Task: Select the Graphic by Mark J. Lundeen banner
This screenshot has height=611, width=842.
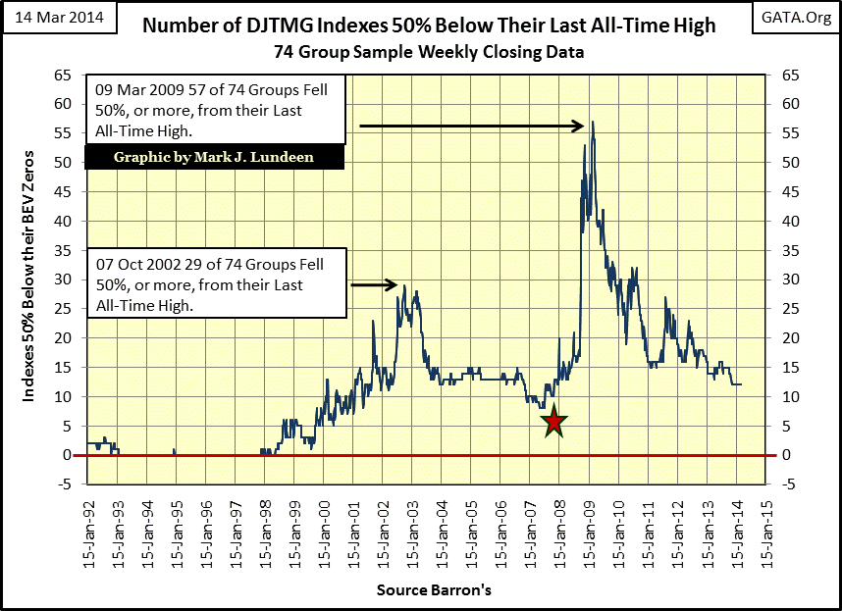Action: (x=214, y=157)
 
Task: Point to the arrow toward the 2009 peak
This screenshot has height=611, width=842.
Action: (x=472, y=126)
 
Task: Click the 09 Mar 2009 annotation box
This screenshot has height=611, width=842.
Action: (x=215, y=111)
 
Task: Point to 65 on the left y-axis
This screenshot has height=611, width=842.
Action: (x=66, y=75)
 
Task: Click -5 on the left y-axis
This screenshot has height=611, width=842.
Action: (x=66, y=484)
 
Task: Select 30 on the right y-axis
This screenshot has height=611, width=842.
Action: (x=782, y=280)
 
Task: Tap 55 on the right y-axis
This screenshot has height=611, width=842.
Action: (x=782, y=132)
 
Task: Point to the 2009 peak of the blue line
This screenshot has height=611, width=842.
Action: (x=593, y=122)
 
